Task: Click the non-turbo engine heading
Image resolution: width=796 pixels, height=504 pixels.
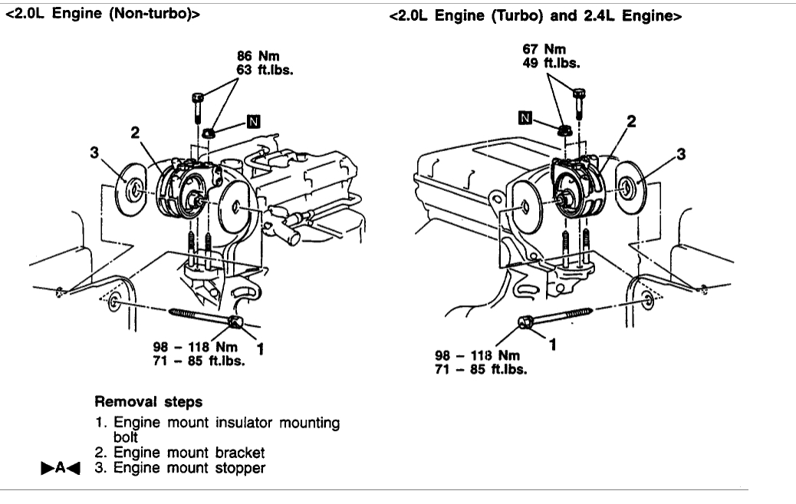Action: (103, 13)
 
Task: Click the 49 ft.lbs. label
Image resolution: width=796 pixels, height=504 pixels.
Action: (551, 63)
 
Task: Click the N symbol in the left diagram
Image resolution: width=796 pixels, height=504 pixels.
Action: (254, 120)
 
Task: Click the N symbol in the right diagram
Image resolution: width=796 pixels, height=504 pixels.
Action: (525, 117)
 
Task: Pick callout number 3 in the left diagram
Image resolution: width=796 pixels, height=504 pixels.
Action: (95, 153)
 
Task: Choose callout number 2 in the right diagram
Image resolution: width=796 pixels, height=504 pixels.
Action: (630, 121)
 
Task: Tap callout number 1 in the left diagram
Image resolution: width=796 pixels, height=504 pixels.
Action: (260, 350)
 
